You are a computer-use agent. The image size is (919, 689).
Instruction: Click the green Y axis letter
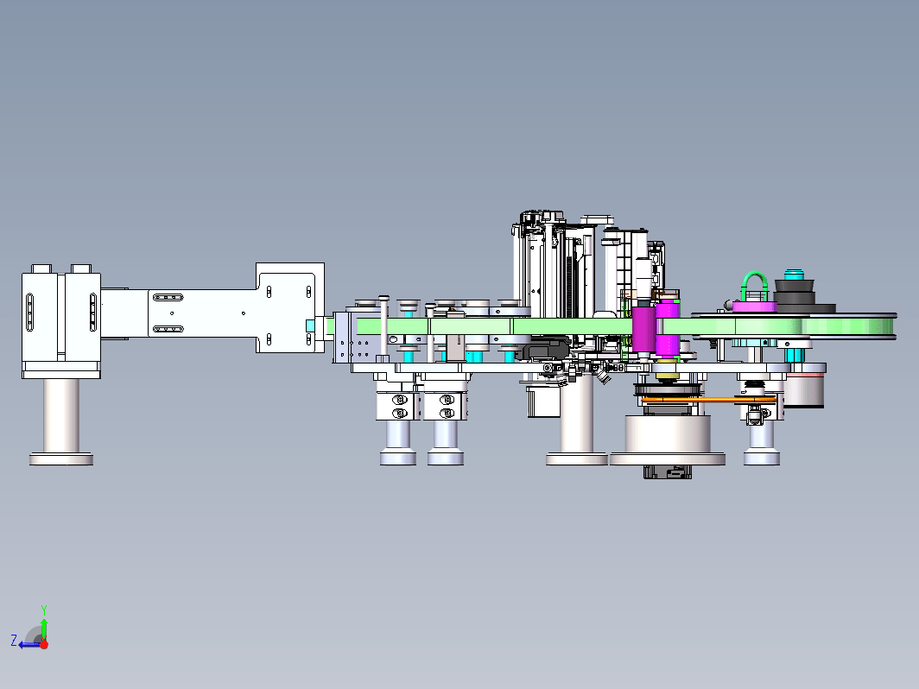pyautogui.click(x=44, y=610)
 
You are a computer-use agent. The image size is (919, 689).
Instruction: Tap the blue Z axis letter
pyautogui.click(x=14, y=640)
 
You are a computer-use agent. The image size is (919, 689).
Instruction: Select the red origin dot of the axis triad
pyautogui.click(x=44, y=644)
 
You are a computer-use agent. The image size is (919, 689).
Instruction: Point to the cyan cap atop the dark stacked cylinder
pyautogui.click(x=795, y=275)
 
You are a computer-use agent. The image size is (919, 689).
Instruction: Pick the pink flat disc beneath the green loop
pyautogui.click(x=754, y=307)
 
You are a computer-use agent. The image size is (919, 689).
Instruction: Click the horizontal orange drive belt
pyautogui.click(x=708, y=400)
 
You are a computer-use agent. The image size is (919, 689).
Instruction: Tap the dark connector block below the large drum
pyautogui.click(x=668, y=471)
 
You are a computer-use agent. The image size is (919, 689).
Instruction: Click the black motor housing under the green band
pyautogui.click(x=546, y=350)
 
